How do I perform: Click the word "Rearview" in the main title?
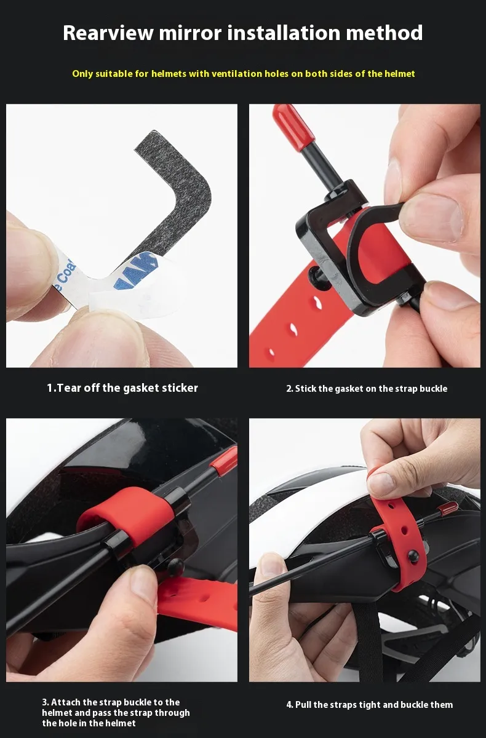(x=108, y=33)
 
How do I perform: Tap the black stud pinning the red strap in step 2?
(x=316, y=276)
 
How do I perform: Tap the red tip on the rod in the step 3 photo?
(x=225, y=459)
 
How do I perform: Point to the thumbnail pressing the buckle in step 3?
(x=144, y=584)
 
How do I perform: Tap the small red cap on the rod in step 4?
(x=448, y=509)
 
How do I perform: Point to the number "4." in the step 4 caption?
(x=290, y=705)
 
